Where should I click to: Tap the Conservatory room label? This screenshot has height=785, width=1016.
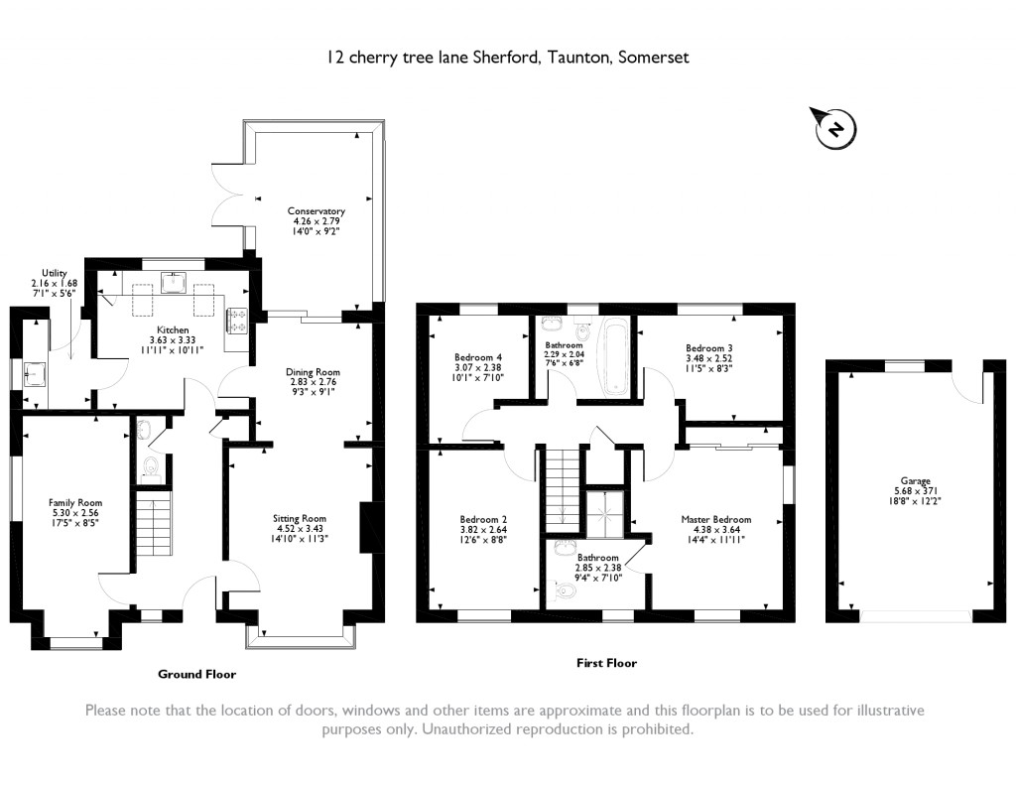(316, 211)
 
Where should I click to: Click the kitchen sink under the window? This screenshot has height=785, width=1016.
(177, 283)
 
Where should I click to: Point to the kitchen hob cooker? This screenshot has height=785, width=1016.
(238, 320)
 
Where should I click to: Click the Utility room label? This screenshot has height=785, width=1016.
(54, 273)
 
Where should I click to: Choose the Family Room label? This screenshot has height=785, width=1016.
(75, 503)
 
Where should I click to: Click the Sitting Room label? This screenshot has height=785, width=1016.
(300, 518)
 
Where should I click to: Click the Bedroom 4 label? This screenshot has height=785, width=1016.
(479, 357)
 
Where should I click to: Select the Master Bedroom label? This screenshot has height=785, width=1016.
(715, 519)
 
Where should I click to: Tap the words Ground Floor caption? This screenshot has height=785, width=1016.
(197, 674)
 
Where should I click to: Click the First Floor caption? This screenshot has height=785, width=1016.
(606, 663)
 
